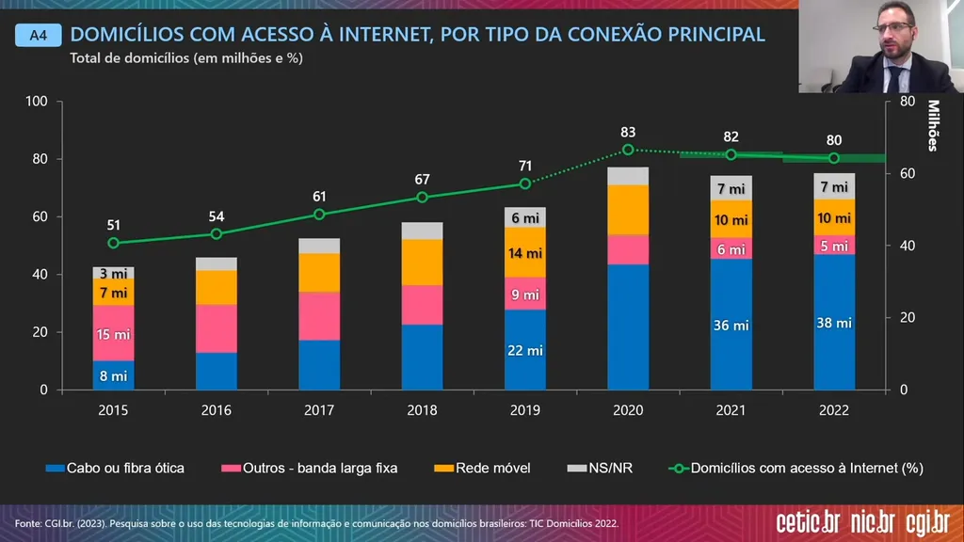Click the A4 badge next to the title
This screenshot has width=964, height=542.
click(x=38, y=36)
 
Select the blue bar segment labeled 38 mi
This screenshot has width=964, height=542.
click(x=834, y=322)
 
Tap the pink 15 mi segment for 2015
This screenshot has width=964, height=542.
click(x=113, y=333)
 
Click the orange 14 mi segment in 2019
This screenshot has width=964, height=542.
click(x=525, y=252)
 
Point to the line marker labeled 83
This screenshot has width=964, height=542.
click(x=628, y=150)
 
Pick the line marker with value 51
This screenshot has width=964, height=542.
click(x=113, y=243)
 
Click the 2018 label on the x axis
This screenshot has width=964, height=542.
click(x=422, y=410)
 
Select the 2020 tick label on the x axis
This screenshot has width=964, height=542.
click(x=628, y=410)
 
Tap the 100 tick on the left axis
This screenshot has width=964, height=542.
click(x=36, y=101)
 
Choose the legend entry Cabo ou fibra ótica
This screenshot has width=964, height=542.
click(x=117, y=468)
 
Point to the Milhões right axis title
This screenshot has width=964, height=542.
click(x=934, y=125)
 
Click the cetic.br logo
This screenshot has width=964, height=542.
click(x=808, y=522)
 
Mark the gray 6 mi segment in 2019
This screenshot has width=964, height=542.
click(x=525, y=217)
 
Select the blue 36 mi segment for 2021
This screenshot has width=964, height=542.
click(x=731, y=325)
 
